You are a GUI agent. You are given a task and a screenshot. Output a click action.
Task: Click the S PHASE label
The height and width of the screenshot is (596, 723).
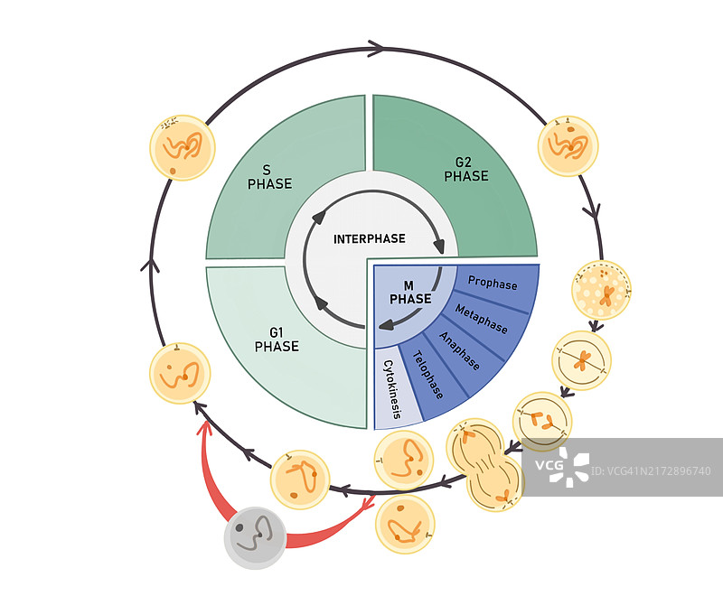pos(269,176)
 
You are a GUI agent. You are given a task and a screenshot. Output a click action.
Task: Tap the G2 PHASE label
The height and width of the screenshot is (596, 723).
pos(465,170)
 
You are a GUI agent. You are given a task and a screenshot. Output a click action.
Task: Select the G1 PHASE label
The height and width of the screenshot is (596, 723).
pos(277,339)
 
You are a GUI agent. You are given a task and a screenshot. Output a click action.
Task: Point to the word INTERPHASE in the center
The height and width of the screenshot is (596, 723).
pos(370,239)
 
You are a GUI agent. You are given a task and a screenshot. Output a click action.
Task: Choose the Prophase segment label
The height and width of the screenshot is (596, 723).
pos(493,284)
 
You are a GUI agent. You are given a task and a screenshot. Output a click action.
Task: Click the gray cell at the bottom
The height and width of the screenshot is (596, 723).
pos(255,538)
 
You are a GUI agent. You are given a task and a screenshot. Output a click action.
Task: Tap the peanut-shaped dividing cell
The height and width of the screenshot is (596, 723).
pos(485,463)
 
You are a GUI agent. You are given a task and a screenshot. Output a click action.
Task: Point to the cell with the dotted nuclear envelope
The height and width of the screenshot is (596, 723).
pos(602,290)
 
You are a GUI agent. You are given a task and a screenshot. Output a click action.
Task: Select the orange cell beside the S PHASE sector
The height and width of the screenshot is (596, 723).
pos(181,147)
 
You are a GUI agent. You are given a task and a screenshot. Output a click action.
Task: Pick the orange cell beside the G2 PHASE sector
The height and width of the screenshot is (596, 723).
pos(568,145)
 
